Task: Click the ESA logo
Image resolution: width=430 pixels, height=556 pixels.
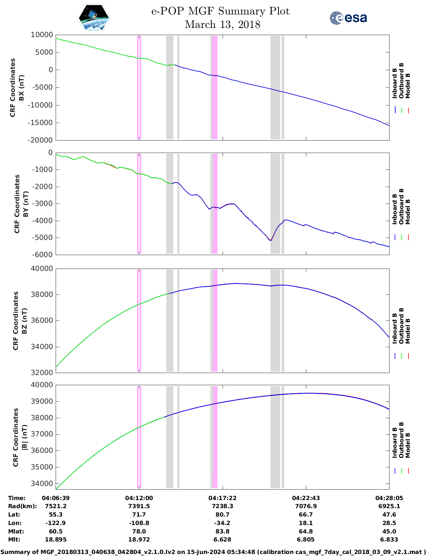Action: point(348,18)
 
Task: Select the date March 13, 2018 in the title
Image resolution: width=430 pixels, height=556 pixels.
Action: point(223,25)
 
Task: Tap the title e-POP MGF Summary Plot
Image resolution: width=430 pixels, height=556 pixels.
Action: point(220,11)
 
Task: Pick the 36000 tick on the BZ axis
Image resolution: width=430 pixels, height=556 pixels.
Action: point(42,320)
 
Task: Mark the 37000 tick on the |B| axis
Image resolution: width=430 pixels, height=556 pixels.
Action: point(42,434)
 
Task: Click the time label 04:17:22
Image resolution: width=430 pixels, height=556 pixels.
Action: point(222,498)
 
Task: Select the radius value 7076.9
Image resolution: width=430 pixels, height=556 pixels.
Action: point(306,506)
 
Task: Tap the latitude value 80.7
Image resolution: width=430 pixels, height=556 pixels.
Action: point(222,515)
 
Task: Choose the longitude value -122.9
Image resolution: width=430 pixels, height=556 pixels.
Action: point(56,523)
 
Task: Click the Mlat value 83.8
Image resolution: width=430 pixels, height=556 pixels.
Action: point(222,531)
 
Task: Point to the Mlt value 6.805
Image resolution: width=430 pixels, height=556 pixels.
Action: point(306,539)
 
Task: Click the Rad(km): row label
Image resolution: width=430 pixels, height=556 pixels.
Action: point(23,506)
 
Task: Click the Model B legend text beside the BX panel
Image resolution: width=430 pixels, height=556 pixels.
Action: point(408,86)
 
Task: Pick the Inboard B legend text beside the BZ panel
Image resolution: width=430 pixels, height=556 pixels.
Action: point(395,329)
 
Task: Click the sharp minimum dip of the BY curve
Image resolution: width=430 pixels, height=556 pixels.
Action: point(270,240)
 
